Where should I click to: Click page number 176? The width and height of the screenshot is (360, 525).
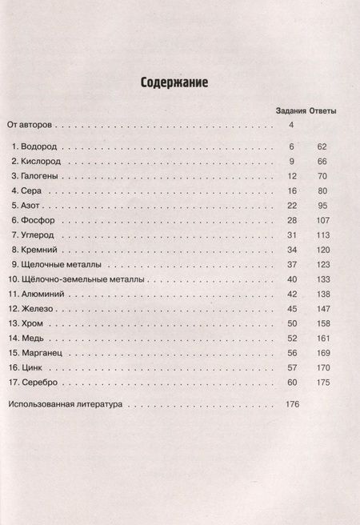coord(291,405)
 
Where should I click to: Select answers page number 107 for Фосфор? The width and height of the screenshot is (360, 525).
coord(322,219)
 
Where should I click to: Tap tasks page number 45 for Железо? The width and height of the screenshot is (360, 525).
coord(291,308)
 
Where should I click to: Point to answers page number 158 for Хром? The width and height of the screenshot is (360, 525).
coord(322,323)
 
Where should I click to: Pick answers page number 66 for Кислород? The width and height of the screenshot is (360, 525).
coord(323,162)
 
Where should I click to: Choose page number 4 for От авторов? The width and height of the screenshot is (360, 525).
coord(293,125)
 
